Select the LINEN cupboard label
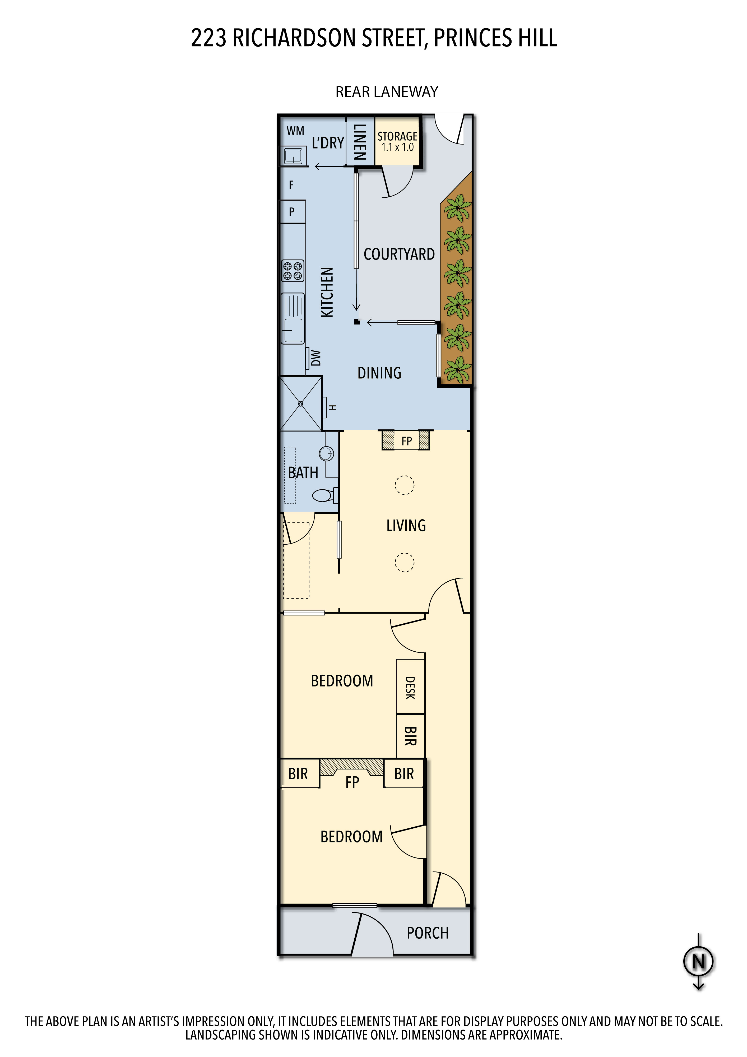coord(359,142)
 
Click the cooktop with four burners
coord(293,271)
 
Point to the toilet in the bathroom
coord(325,495)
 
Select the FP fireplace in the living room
coord(406,440)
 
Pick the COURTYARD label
coord(399,254)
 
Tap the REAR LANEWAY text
coord(387,92)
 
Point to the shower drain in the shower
coord(300,404)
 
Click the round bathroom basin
coord(326,453)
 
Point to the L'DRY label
coord(328,143)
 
